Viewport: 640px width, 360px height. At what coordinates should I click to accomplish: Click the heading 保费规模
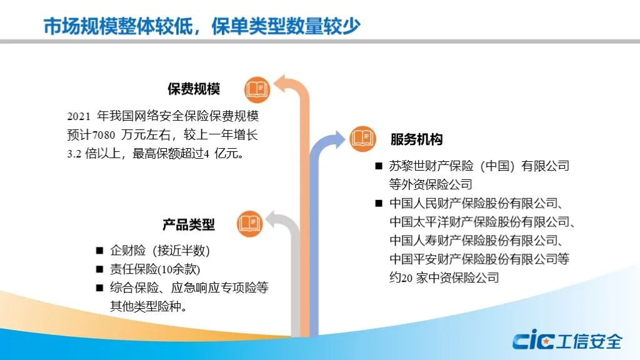(x=194, y=89)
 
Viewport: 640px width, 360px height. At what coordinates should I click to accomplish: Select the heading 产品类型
(x=189, y=224)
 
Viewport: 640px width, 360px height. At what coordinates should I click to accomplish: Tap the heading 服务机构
(x=416, y=139)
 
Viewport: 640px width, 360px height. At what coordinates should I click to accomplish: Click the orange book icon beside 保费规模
(x=257, y=89)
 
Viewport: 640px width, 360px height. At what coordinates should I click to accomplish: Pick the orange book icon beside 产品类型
(x=250, y=224)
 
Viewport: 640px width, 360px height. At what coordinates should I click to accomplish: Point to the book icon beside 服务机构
(x=362, y=139)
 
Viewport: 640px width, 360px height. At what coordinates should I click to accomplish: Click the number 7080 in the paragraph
(x=104, y=135)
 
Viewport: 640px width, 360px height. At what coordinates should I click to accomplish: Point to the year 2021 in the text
(x=79, y=116)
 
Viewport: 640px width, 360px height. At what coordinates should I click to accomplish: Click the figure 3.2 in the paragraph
(x=74, y=154)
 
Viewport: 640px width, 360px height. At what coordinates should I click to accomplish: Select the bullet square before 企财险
(x=99, y=251)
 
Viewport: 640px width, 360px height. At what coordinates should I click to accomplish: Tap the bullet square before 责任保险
(x=99, y=269)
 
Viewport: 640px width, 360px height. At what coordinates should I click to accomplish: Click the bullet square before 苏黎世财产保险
(x=379, y=166)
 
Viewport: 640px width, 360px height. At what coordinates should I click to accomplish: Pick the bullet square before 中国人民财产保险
(x=379, y=203)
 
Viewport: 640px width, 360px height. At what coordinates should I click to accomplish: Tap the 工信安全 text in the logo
(x=589, y=341)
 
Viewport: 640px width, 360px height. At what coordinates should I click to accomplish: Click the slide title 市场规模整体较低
(x=118, y=26)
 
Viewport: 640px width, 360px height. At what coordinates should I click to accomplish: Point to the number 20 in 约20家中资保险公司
(x=406, y=278)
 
